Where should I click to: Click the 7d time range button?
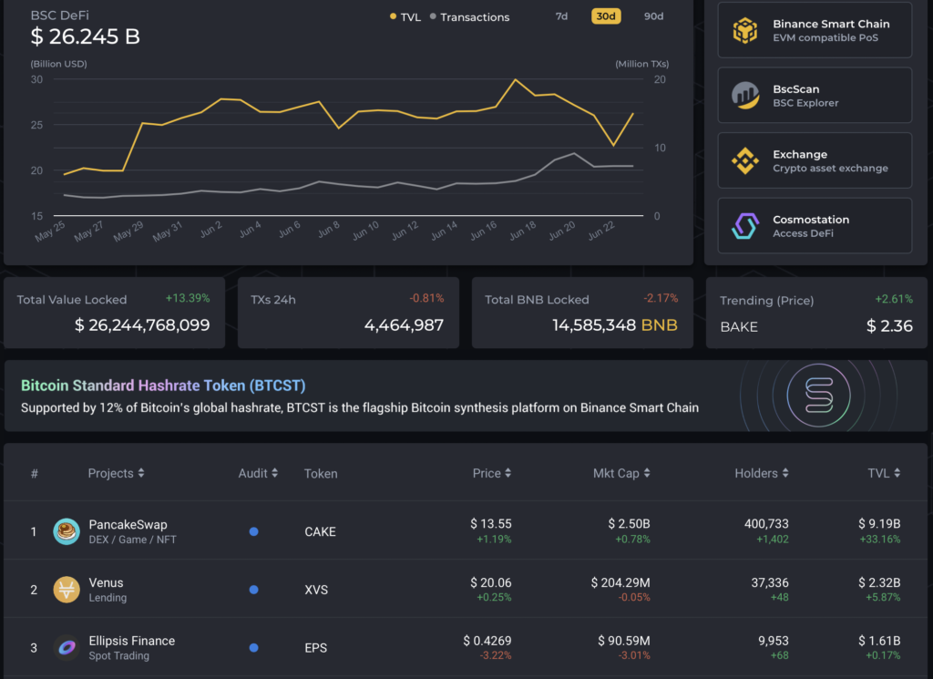click(x=561, y=16)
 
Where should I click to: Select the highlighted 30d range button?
click(x=606, y=16)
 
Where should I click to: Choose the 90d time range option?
click(x=653, y=16)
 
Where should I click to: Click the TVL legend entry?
click(x=405, y=17)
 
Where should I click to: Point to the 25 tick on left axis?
click(x=36, y=125)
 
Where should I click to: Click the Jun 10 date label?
click(x=365, y=231)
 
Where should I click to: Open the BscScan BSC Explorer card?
click(x=815, y=95)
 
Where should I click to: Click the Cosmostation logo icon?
click(x=745, y=226)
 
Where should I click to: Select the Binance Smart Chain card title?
click(x=831, y=24)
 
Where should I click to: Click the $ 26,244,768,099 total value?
click(x=142, y=325)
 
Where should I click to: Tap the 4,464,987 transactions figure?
click(x=404, y=325)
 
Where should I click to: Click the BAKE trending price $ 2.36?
click(x=889, y=326)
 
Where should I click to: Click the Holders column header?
click(x=761, y=473)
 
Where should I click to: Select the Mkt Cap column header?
click(x=622, y=473)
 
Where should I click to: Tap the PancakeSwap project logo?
click(x=67, y=531)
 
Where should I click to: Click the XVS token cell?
click(x=316, y=590)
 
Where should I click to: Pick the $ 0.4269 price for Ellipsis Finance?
click(x=487, y=641)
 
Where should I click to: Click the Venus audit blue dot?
click(x=253, y=590)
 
